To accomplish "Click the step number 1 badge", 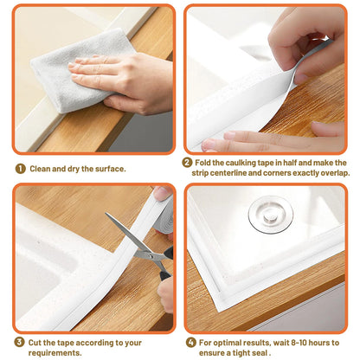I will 19,169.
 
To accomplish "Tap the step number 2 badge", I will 187,162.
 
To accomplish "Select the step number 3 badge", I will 19,343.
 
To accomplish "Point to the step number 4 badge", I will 191,342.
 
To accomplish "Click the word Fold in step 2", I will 206,162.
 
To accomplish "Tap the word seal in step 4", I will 267,352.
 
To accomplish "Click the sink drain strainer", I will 271,214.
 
